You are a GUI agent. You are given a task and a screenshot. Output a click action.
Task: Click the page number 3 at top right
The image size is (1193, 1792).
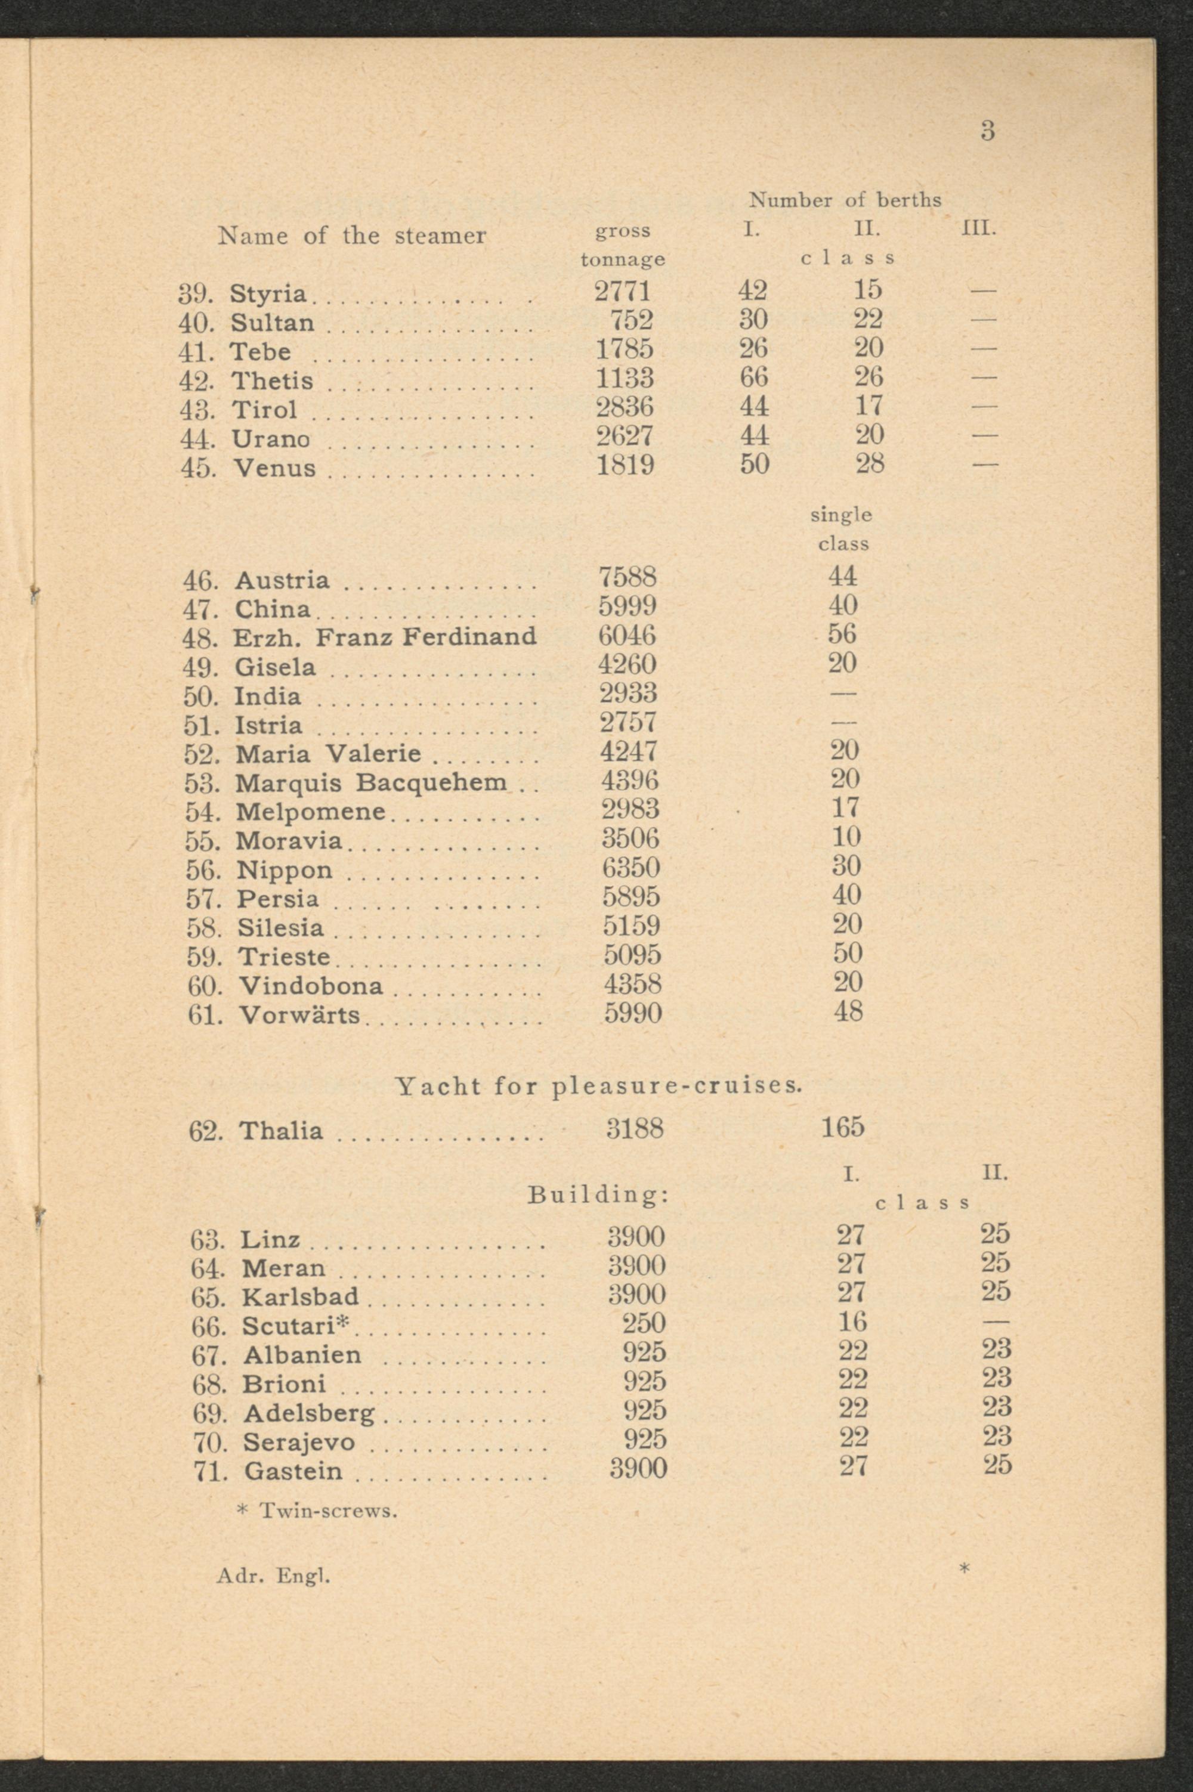987,132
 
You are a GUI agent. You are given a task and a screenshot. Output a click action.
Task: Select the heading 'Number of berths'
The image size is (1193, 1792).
845,200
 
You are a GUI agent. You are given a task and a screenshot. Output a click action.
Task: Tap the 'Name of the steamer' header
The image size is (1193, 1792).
351,236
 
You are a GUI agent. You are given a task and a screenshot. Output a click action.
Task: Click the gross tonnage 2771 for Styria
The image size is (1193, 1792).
623,292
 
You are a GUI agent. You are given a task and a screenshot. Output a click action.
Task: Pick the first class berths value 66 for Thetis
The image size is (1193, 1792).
753,378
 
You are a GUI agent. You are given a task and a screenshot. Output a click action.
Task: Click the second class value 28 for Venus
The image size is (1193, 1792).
869,464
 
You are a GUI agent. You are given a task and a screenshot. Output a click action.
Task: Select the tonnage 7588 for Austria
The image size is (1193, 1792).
627,577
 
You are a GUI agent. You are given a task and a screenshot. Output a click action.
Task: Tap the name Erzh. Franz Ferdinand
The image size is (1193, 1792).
385,636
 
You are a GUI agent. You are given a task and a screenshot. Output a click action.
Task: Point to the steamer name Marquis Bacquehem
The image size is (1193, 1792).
370,782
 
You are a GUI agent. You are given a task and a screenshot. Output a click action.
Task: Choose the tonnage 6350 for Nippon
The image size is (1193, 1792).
631,867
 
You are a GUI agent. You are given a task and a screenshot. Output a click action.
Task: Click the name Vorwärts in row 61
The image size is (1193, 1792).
299,1014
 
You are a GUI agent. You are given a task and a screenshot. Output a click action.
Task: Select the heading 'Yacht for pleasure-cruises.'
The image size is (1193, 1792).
599,1085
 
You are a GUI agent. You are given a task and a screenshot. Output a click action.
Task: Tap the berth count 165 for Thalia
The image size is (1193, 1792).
842,1127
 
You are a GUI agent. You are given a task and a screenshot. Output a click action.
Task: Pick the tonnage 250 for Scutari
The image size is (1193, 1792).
644,1323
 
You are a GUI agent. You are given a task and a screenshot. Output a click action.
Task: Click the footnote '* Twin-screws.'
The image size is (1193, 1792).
317,1510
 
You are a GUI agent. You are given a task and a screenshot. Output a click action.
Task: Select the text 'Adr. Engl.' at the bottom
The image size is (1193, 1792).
273,1577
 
